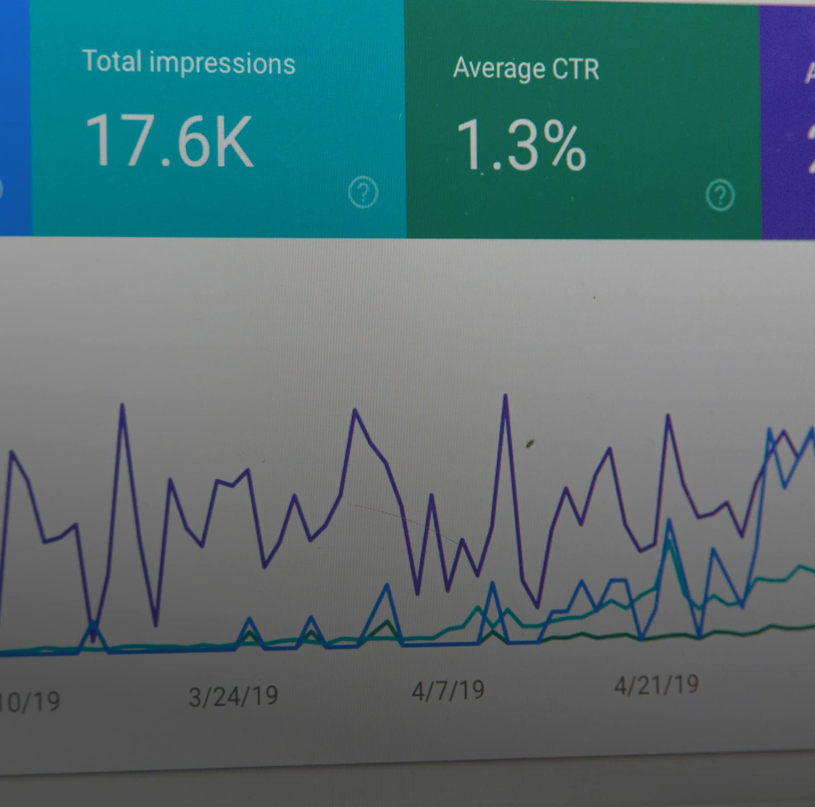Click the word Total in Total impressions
[x=112, y=62]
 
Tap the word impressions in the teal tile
[x=222, y=63]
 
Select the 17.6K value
[x=169, y=141]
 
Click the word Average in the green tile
[x=499, y=69]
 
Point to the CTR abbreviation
[x=575, y=70]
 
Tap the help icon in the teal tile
[x=363, y=193]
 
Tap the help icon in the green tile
[x=720, y=195]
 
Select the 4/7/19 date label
[x=447, y=690]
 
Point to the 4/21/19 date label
[x=656, y=685]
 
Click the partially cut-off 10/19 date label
[x=29, y=701]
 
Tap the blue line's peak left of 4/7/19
[x=386, y=585]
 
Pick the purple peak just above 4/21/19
[x=668, y=416]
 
